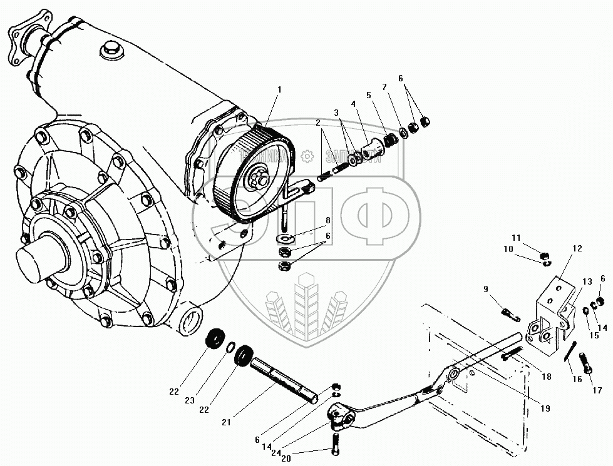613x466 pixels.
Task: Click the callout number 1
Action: (279, 89)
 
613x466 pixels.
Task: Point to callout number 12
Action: (577, 249)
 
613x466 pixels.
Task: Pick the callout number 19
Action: (545, 408)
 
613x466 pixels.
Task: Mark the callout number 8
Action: (327, 220)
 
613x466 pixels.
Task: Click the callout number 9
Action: (486, 288)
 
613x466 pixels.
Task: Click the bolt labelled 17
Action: (587, 361)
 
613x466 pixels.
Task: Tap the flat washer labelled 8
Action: (287, 238)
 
